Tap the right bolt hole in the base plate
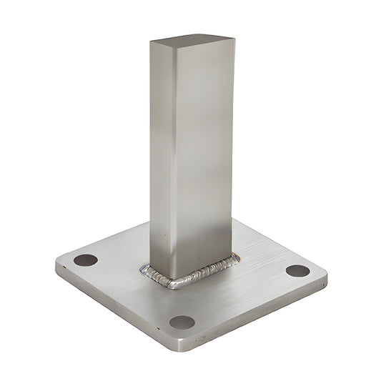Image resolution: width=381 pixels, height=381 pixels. [x=297, y=271]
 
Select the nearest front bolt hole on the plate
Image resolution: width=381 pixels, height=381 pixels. [x=182, y=322]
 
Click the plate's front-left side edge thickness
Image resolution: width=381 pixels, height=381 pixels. [x=114, y=307]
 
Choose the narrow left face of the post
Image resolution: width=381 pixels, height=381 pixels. [x=160, y=157]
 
